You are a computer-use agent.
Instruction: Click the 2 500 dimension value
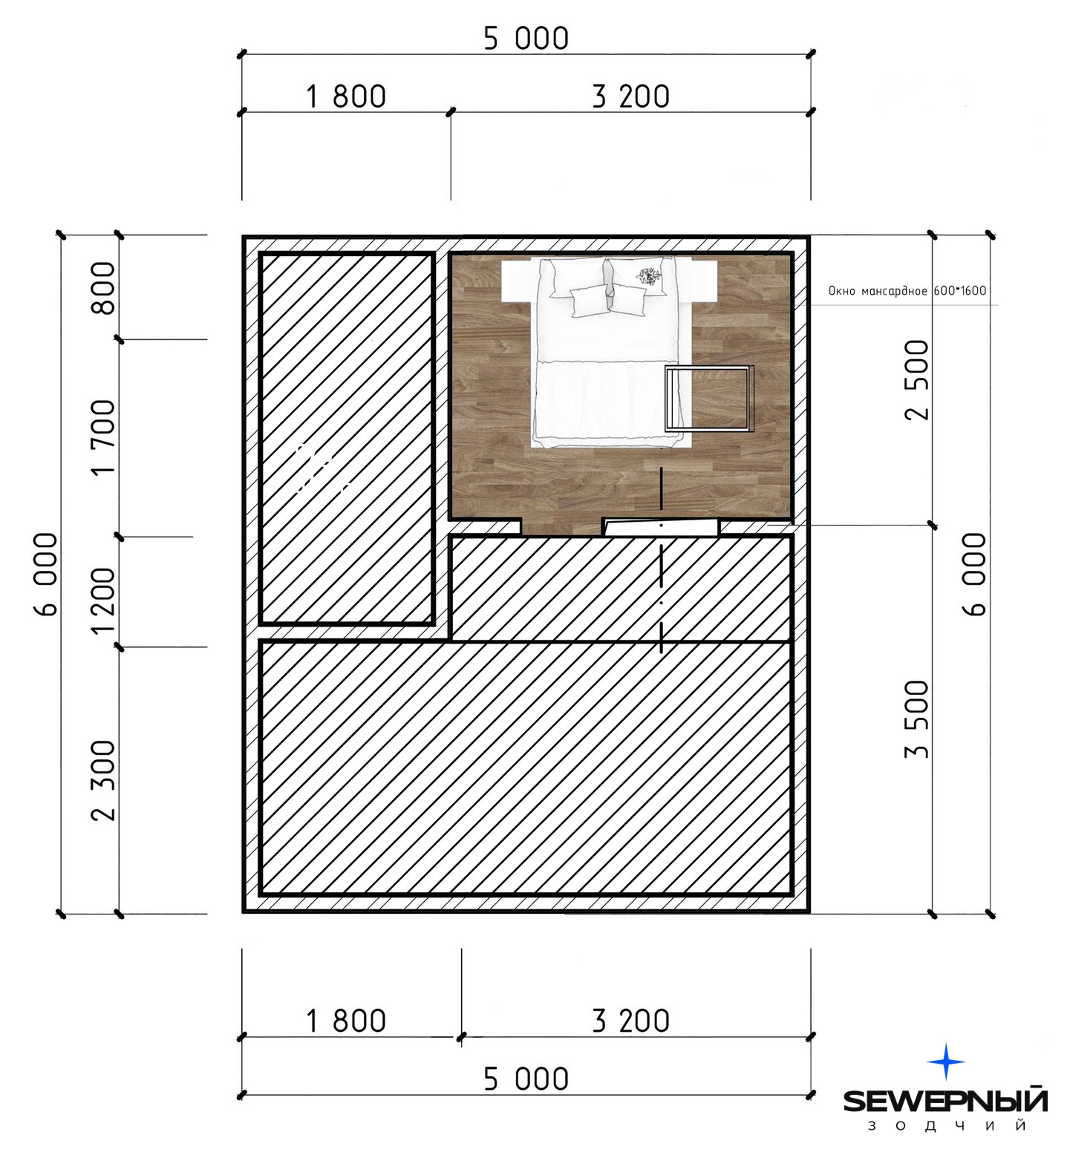[x=919, y=379]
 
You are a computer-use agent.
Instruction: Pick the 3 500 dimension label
[x=919, y=719]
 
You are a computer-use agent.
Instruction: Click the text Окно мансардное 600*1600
[x=907, y=291]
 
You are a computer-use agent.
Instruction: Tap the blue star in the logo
[x=946, y=1062]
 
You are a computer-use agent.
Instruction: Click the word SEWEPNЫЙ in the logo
[x=945, y=1101]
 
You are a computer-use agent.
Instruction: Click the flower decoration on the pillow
[x=648, y=276]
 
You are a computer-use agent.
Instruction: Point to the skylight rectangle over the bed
[x=709, y=399]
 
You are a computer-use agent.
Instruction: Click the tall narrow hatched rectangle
[x=347, y=438]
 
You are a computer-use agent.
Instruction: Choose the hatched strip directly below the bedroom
[x=621, y=587]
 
